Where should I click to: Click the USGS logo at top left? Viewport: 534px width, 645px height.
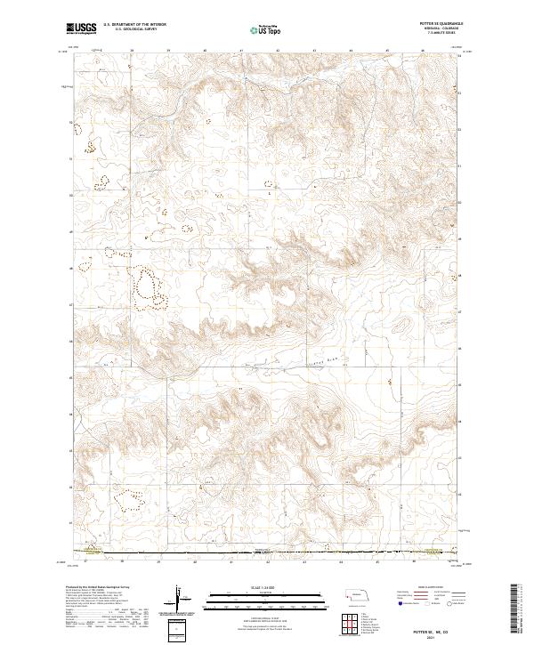(x=81, y=28)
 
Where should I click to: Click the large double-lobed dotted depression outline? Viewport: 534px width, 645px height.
(x=150, y=289)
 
